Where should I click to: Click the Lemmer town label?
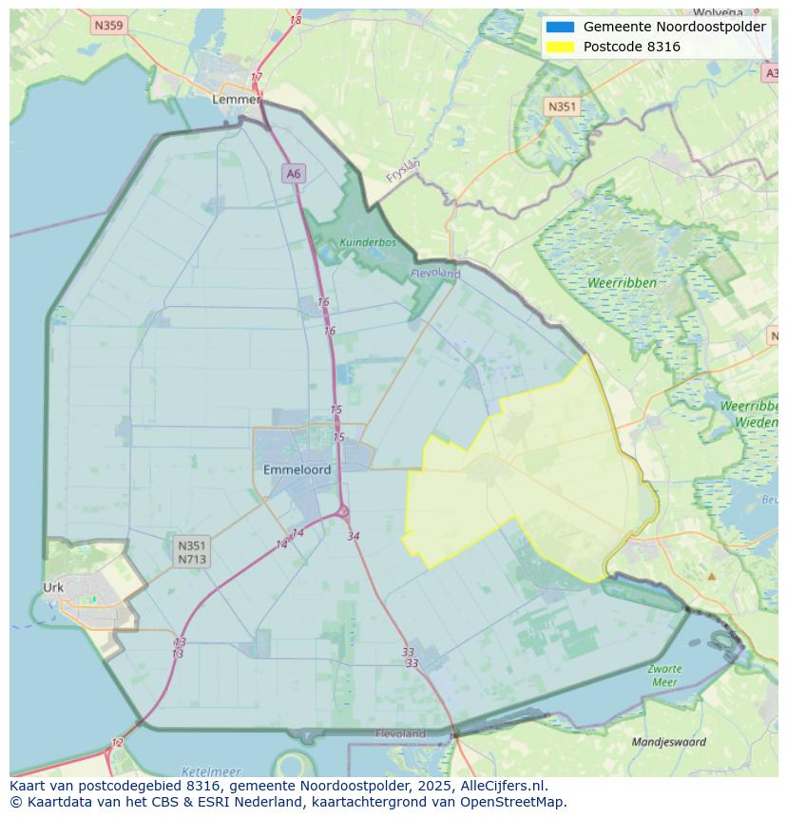(x=236, y=99)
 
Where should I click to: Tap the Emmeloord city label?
(x=297, y=469)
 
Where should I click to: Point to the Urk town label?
(x=53, y=587)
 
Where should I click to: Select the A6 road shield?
(x=293, y=173)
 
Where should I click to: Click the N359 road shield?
(x=108, y=26)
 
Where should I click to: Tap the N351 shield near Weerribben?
(x=562, y=106)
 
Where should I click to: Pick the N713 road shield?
(x=191, y=560)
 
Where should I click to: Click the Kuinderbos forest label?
(x=367, y=242)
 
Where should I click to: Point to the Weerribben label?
(x=622, y=283)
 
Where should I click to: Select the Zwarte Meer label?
(x=664, y=675)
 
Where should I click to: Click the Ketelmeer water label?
(x=210, y=771)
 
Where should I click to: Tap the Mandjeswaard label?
(x=669, y=742)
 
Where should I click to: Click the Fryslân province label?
(x=403, y=170)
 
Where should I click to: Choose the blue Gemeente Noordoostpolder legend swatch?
(x=560, y=27)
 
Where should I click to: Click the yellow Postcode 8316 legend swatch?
(x=560, y=47)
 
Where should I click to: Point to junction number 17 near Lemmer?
(x=256, y=77)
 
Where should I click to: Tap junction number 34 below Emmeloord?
(x=354, y=536)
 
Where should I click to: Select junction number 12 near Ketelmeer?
(x=117, y=743)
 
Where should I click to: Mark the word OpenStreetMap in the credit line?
(x=513, y=801)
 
